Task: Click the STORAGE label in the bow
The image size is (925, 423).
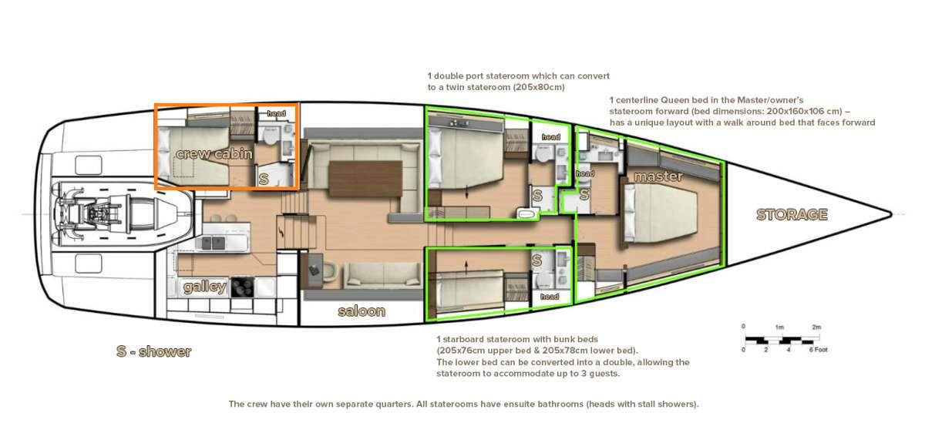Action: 792,215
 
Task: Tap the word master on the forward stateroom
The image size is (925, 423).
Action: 658,176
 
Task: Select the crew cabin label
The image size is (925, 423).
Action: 214,154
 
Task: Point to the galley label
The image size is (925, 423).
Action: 205,287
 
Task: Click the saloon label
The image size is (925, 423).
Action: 362,311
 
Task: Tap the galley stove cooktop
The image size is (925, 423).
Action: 242,287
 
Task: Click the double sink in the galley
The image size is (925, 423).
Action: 213,243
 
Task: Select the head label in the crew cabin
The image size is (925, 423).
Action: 276,113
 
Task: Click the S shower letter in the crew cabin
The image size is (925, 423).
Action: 264,179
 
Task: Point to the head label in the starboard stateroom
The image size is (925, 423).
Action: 550,297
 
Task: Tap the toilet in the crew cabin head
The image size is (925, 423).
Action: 271,136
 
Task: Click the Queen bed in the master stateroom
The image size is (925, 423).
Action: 660,213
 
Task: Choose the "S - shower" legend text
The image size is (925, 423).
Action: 153,351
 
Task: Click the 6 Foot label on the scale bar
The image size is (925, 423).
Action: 819,350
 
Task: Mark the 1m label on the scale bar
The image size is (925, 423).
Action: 779,327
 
